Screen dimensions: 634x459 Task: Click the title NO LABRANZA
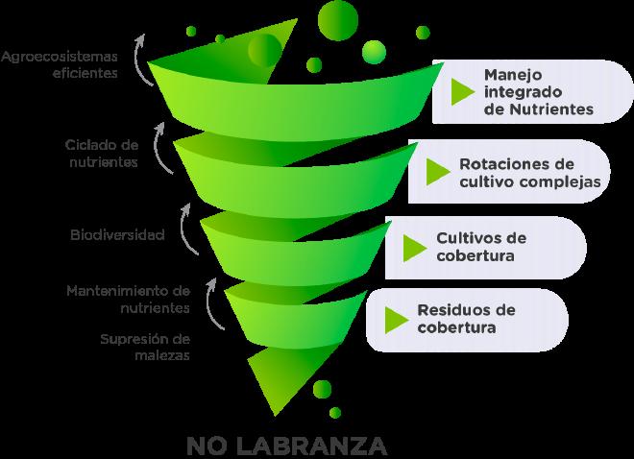pyautogui.click(x=287, y=446)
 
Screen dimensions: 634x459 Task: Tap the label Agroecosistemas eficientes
pyautogui.click(x=59, y=63)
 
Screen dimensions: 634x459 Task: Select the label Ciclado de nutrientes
pyautogui.click(x=101, y=154)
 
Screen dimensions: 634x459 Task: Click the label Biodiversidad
pyautogui.click(x=117, y=234)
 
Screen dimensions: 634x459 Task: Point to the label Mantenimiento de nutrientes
pyautogui.click(x=127, y=299)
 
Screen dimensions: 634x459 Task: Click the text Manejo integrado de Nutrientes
pyautogui.click(x=538, y=91)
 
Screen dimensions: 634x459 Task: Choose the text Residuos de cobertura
pyautogui.click(x=466, y=319)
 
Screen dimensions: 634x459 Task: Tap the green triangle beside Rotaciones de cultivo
pyautogui.click(x=439, y=171)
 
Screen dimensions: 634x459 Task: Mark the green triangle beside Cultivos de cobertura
pyautogui.click(x=414, y=247)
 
